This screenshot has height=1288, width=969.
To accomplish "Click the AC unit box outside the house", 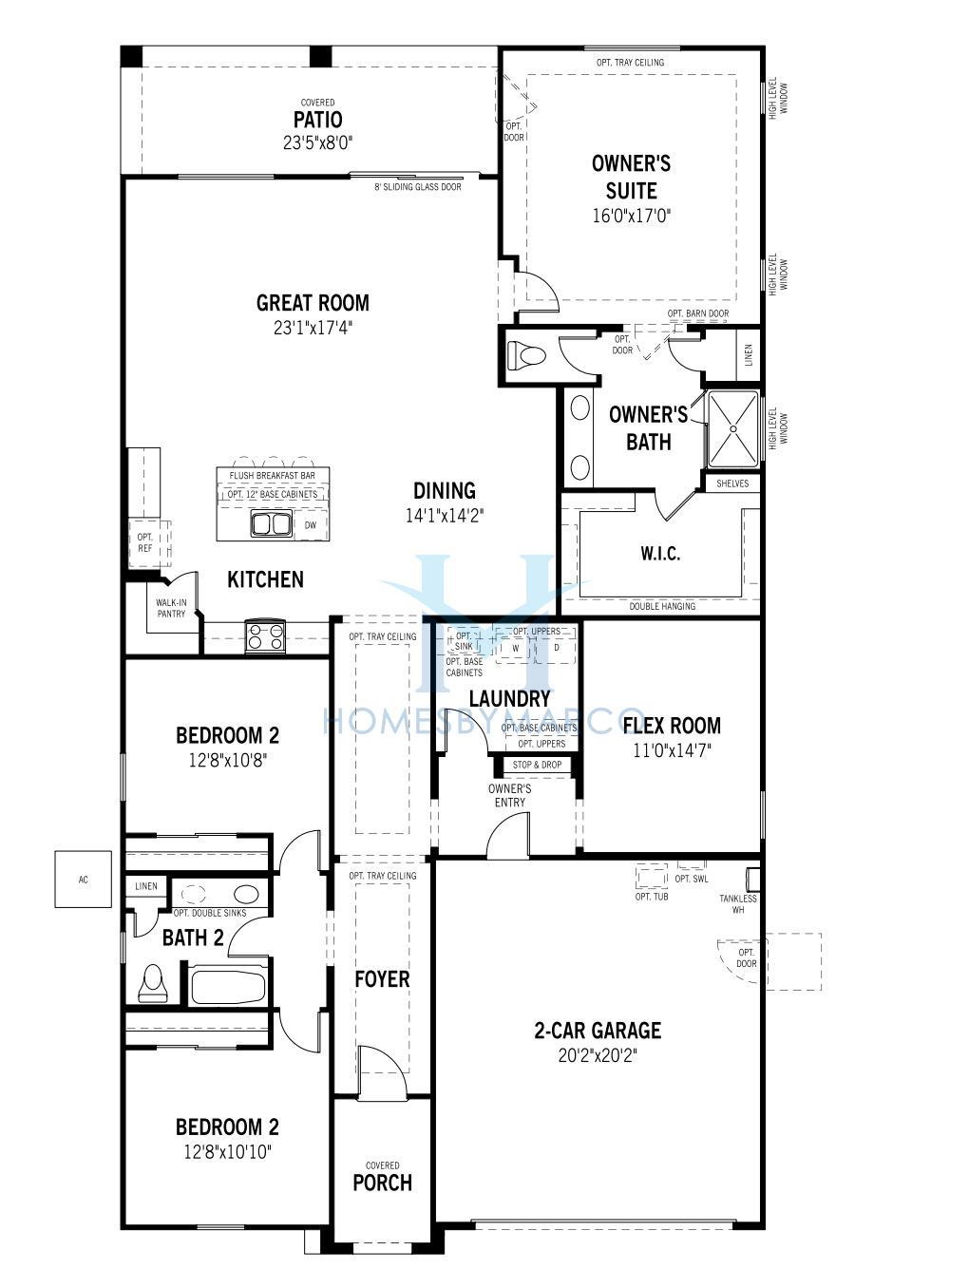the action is coord(84,879).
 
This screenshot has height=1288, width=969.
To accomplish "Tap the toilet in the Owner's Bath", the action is coord(526,355).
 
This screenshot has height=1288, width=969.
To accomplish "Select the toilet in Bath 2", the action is coord(152,983).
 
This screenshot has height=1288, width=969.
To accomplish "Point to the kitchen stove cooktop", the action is coord(265,635).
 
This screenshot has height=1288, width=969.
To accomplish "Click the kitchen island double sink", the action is coord(272,523).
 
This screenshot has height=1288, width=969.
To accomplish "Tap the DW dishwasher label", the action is coord(311,525).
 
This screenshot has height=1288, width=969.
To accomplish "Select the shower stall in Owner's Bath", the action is coord(733,429).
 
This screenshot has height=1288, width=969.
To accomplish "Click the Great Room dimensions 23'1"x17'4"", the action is coord(313,328).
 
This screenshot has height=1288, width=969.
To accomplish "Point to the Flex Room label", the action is coord(672,726).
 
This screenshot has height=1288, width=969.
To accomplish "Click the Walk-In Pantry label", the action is coord(171,608).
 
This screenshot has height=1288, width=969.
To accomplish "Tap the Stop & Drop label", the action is coord(537,765).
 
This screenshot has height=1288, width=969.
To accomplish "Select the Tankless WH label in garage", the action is coord(738,903).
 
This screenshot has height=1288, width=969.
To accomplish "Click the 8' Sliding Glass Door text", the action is coord(418,187).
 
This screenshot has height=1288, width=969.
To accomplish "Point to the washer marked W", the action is coord(515,649).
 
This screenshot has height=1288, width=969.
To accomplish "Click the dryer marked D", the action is coord(556,649).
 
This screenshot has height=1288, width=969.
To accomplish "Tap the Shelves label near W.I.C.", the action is coord(732,483).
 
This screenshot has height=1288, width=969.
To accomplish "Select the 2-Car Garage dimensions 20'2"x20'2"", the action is coord(598,1055).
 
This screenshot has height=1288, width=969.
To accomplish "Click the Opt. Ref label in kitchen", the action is coord(145,542).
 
